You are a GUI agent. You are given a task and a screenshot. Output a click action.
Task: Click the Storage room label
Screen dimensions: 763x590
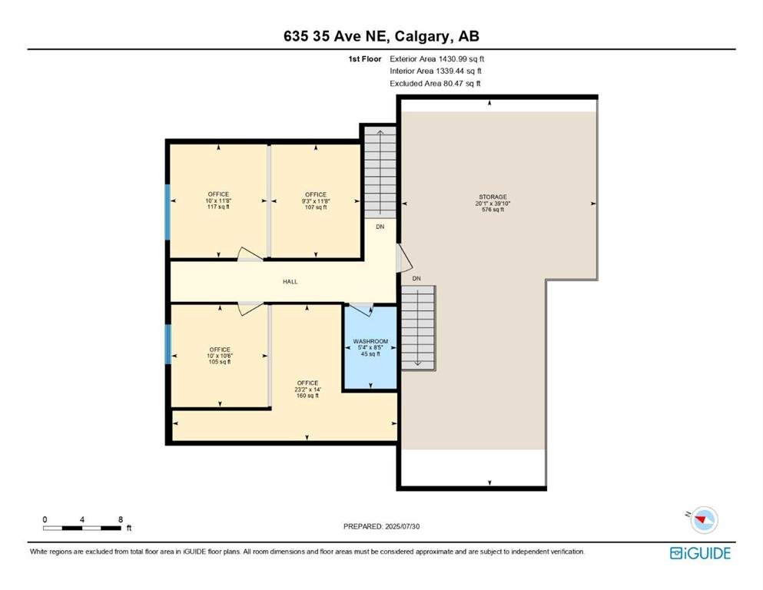[x=493, y=204]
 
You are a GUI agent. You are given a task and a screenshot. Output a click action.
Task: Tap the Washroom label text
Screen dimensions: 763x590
[x=370, y=347]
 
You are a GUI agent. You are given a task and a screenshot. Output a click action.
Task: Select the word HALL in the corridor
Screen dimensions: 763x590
[x=290, y=282]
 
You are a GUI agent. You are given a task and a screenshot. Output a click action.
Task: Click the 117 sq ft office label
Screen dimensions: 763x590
[x=218, y=201]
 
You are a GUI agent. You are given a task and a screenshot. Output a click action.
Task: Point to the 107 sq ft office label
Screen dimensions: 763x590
[x=316, y=201]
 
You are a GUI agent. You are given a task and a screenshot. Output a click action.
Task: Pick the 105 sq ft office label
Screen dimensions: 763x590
[x=220, y=356]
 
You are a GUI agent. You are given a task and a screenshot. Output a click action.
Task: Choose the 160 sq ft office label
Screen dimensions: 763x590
[x=307, y=389]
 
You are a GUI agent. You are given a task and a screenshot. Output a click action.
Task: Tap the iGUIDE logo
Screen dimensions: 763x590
[x=700, y=554]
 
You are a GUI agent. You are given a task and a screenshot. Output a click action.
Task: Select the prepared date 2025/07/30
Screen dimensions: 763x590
[x=381, y=526]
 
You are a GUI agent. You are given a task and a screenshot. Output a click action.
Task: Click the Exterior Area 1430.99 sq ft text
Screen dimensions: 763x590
[x=437, y=59]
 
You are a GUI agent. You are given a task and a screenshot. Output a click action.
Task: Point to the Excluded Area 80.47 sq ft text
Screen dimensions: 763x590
[x=435, y=83]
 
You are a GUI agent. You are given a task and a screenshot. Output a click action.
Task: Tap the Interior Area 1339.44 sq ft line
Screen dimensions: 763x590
[x=436, y=71]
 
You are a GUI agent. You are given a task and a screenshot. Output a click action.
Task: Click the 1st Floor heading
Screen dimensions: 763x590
[x=364, y=59]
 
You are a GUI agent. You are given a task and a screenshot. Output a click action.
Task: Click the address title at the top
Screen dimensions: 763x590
[x=381, y=36]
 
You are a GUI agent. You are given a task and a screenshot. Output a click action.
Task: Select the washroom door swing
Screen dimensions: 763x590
[x=362, y=309]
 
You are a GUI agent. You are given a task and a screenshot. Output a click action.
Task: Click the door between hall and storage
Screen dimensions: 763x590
[x=404, y=258]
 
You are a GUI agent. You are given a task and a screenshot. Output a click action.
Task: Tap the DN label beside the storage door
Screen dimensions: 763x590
[x=416, y=279]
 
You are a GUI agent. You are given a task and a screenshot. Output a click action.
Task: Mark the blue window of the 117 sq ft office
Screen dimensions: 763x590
[x=168, y=212]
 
